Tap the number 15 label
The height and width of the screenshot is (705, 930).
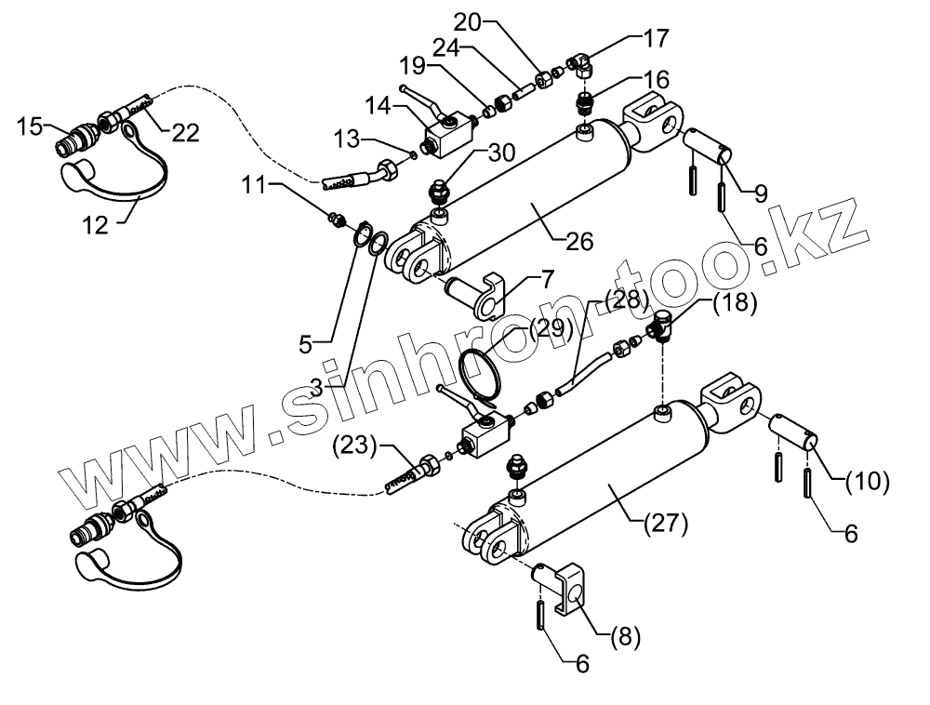click(x=30, y=126)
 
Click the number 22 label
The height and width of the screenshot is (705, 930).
click(x=185, y=134)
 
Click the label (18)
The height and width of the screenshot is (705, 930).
click(x=736, y=302)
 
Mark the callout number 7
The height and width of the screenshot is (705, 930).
click(x=542, y=277)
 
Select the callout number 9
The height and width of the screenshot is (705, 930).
click(x=760, y=194)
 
